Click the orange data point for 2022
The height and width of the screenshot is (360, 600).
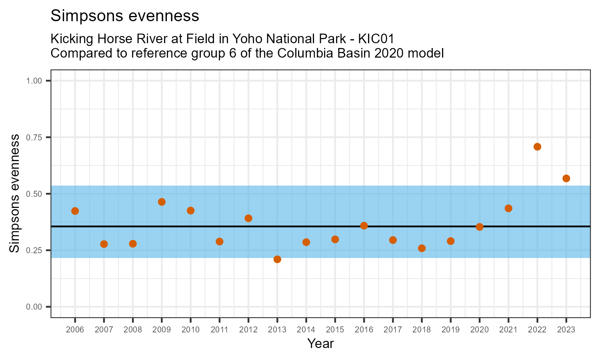(x=537, y=147)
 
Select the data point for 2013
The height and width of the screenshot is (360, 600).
(x=277, y=259)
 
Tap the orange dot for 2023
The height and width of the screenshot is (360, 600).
(x=566, y=178)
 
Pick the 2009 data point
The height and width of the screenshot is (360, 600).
(x=162, y=202)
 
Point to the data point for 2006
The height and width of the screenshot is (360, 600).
(x=75, y=211)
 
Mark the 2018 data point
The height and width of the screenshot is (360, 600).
(x=422, y=248)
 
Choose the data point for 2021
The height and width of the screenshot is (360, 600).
(x=508, y=208)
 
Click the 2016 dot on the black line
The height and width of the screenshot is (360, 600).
(x=364, y=226)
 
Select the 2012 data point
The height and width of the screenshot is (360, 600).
(x=248, y=218)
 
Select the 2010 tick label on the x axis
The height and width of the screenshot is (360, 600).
(x=190, y=330)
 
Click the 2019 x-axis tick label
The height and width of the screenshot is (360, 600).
(x=450, y=330)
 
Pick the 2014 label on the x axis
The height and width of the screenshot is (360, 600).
(x=306, y=330)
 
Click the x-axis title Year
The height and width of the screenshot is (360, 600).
(x=320, y=344)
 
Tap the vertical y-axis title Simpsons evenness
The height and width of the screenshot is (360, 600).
(x=14, y=194)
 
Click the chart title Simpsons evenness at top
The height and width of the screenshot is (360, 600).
(x=125, y=16)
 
